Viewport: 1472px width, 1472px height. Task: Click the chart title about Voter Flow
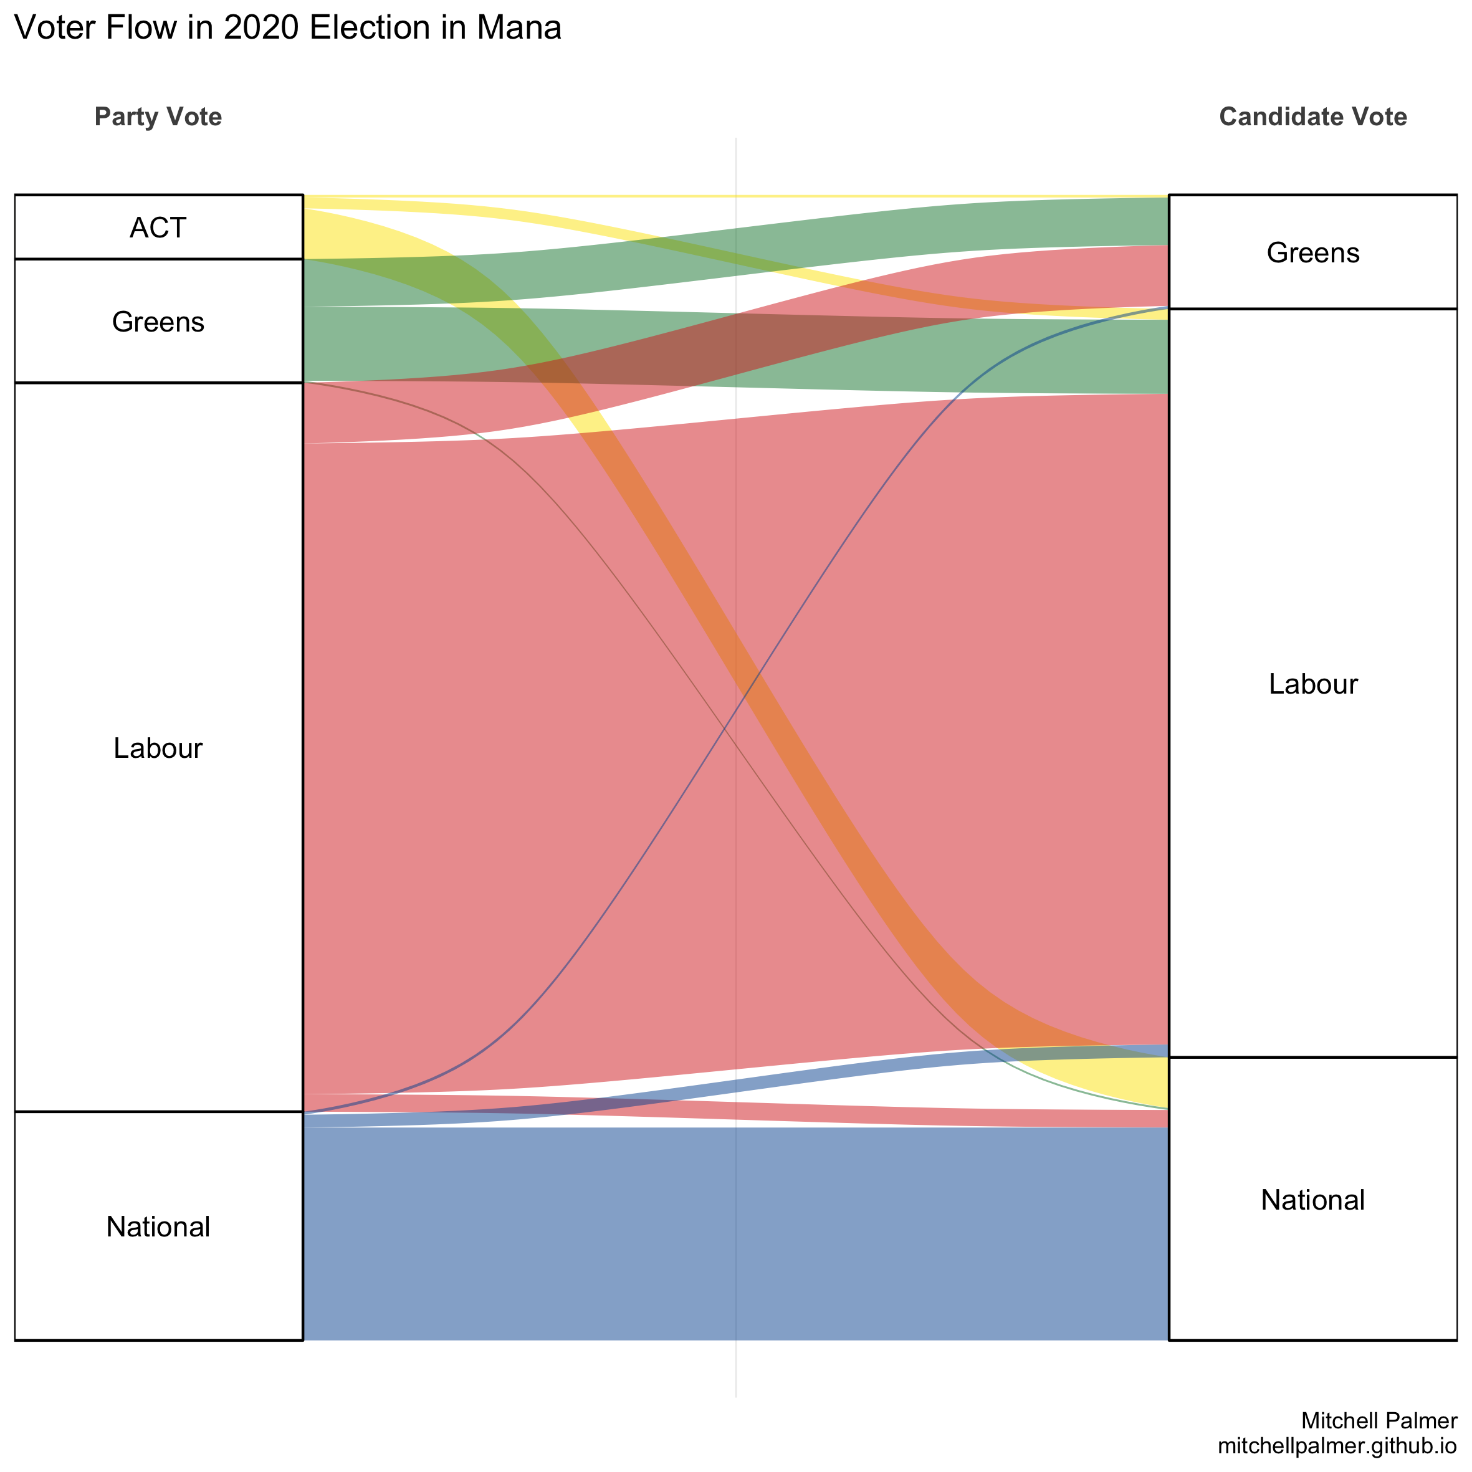tap(288, 28)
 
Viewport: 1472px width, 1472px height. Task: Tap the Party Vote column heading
tap(158, 117)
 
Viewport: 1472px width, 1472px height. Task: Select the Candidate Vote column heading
tap(1312, 117)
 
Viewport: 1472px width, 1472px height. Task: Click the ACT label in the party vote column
tap(158, 228)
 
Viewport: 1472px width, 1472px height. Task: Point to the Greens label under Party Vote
tap(158, 322)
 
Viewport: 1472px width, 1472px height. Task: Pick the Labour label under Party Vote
tap(158, 748)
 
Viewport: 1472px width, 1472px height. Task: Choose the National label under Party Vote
tap(158, 1226)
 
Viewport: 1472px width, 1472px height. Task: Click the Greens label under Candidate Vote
tap(1312, 253)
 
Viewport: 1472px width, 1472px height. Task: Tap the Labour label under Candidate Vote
tap(1312, 684)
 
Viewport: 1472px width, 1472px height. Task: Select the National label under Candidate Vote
tap(1312, 1200)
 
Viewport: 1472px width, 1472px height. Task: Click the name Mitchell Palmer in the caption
tap(1379, 1420)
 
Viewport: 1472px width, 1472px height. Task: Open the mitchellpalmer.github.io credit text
tap(1337, 1445)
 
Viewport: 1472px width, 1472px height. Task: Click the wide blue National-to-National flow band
tap(736, 1235)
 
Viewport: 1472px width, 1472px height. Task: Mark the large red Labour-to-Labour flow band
tap(533, 762)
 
